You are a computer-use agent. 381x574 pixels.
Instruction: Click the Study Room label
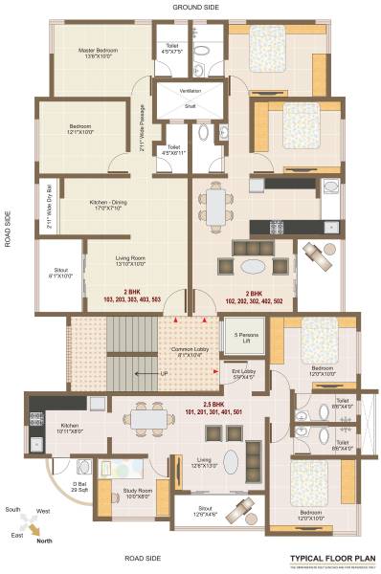point(138,494)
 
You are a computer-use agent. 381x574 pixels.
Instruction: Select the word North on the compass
point(44,541)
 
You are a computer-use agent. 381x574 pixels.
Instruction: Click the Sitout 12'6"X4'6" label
point(205,511)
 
